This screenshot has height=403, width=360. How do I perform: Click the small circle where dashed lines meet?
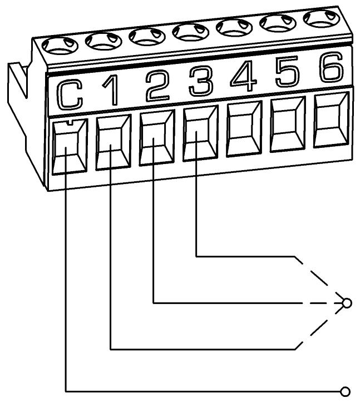tap(348, 303)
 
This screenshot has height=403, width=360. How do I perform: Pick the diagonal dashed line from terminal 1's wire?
tap(320, 330)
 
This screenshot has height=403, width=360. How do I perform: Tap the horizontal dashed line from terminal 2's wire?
tap(317, 303)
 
